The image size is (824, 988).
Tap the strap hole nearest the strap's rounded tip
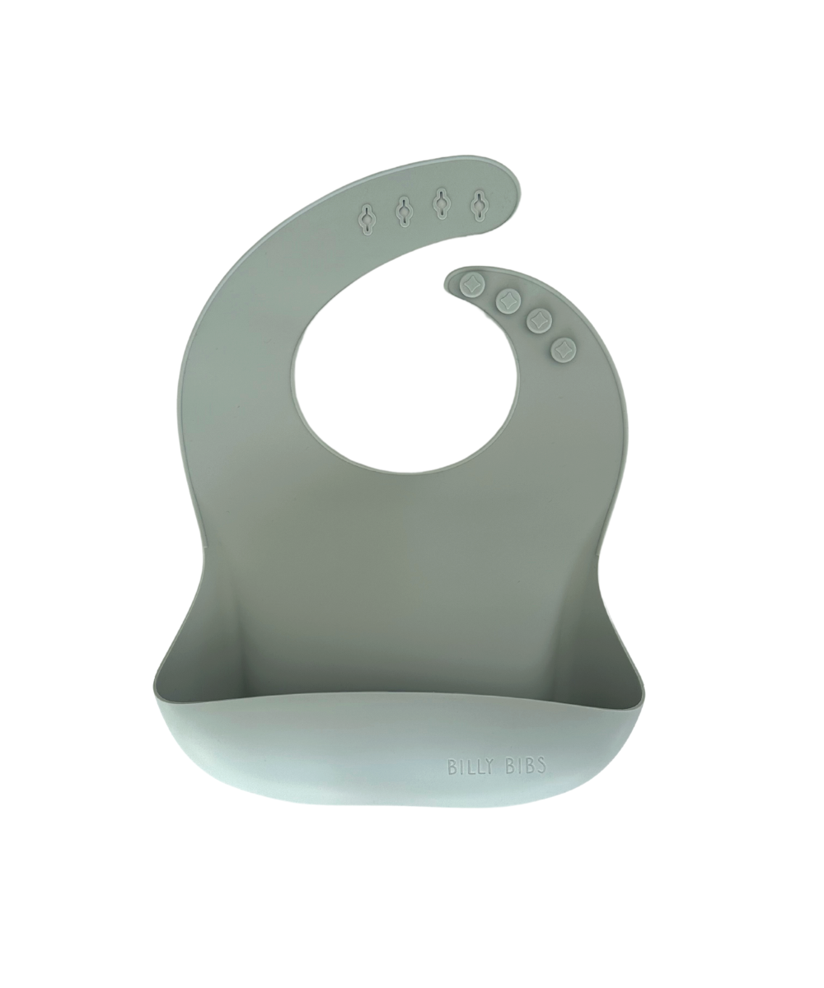478,205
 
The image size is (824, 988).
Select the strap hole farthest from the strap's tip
368,220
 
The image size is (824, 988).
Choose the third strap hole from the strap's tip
404,211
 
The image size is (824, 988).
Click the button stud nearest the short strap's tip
472,287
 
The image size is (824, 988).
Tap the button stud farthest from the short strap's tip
564,350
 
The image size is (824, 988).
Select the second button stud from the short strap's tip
508,300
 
